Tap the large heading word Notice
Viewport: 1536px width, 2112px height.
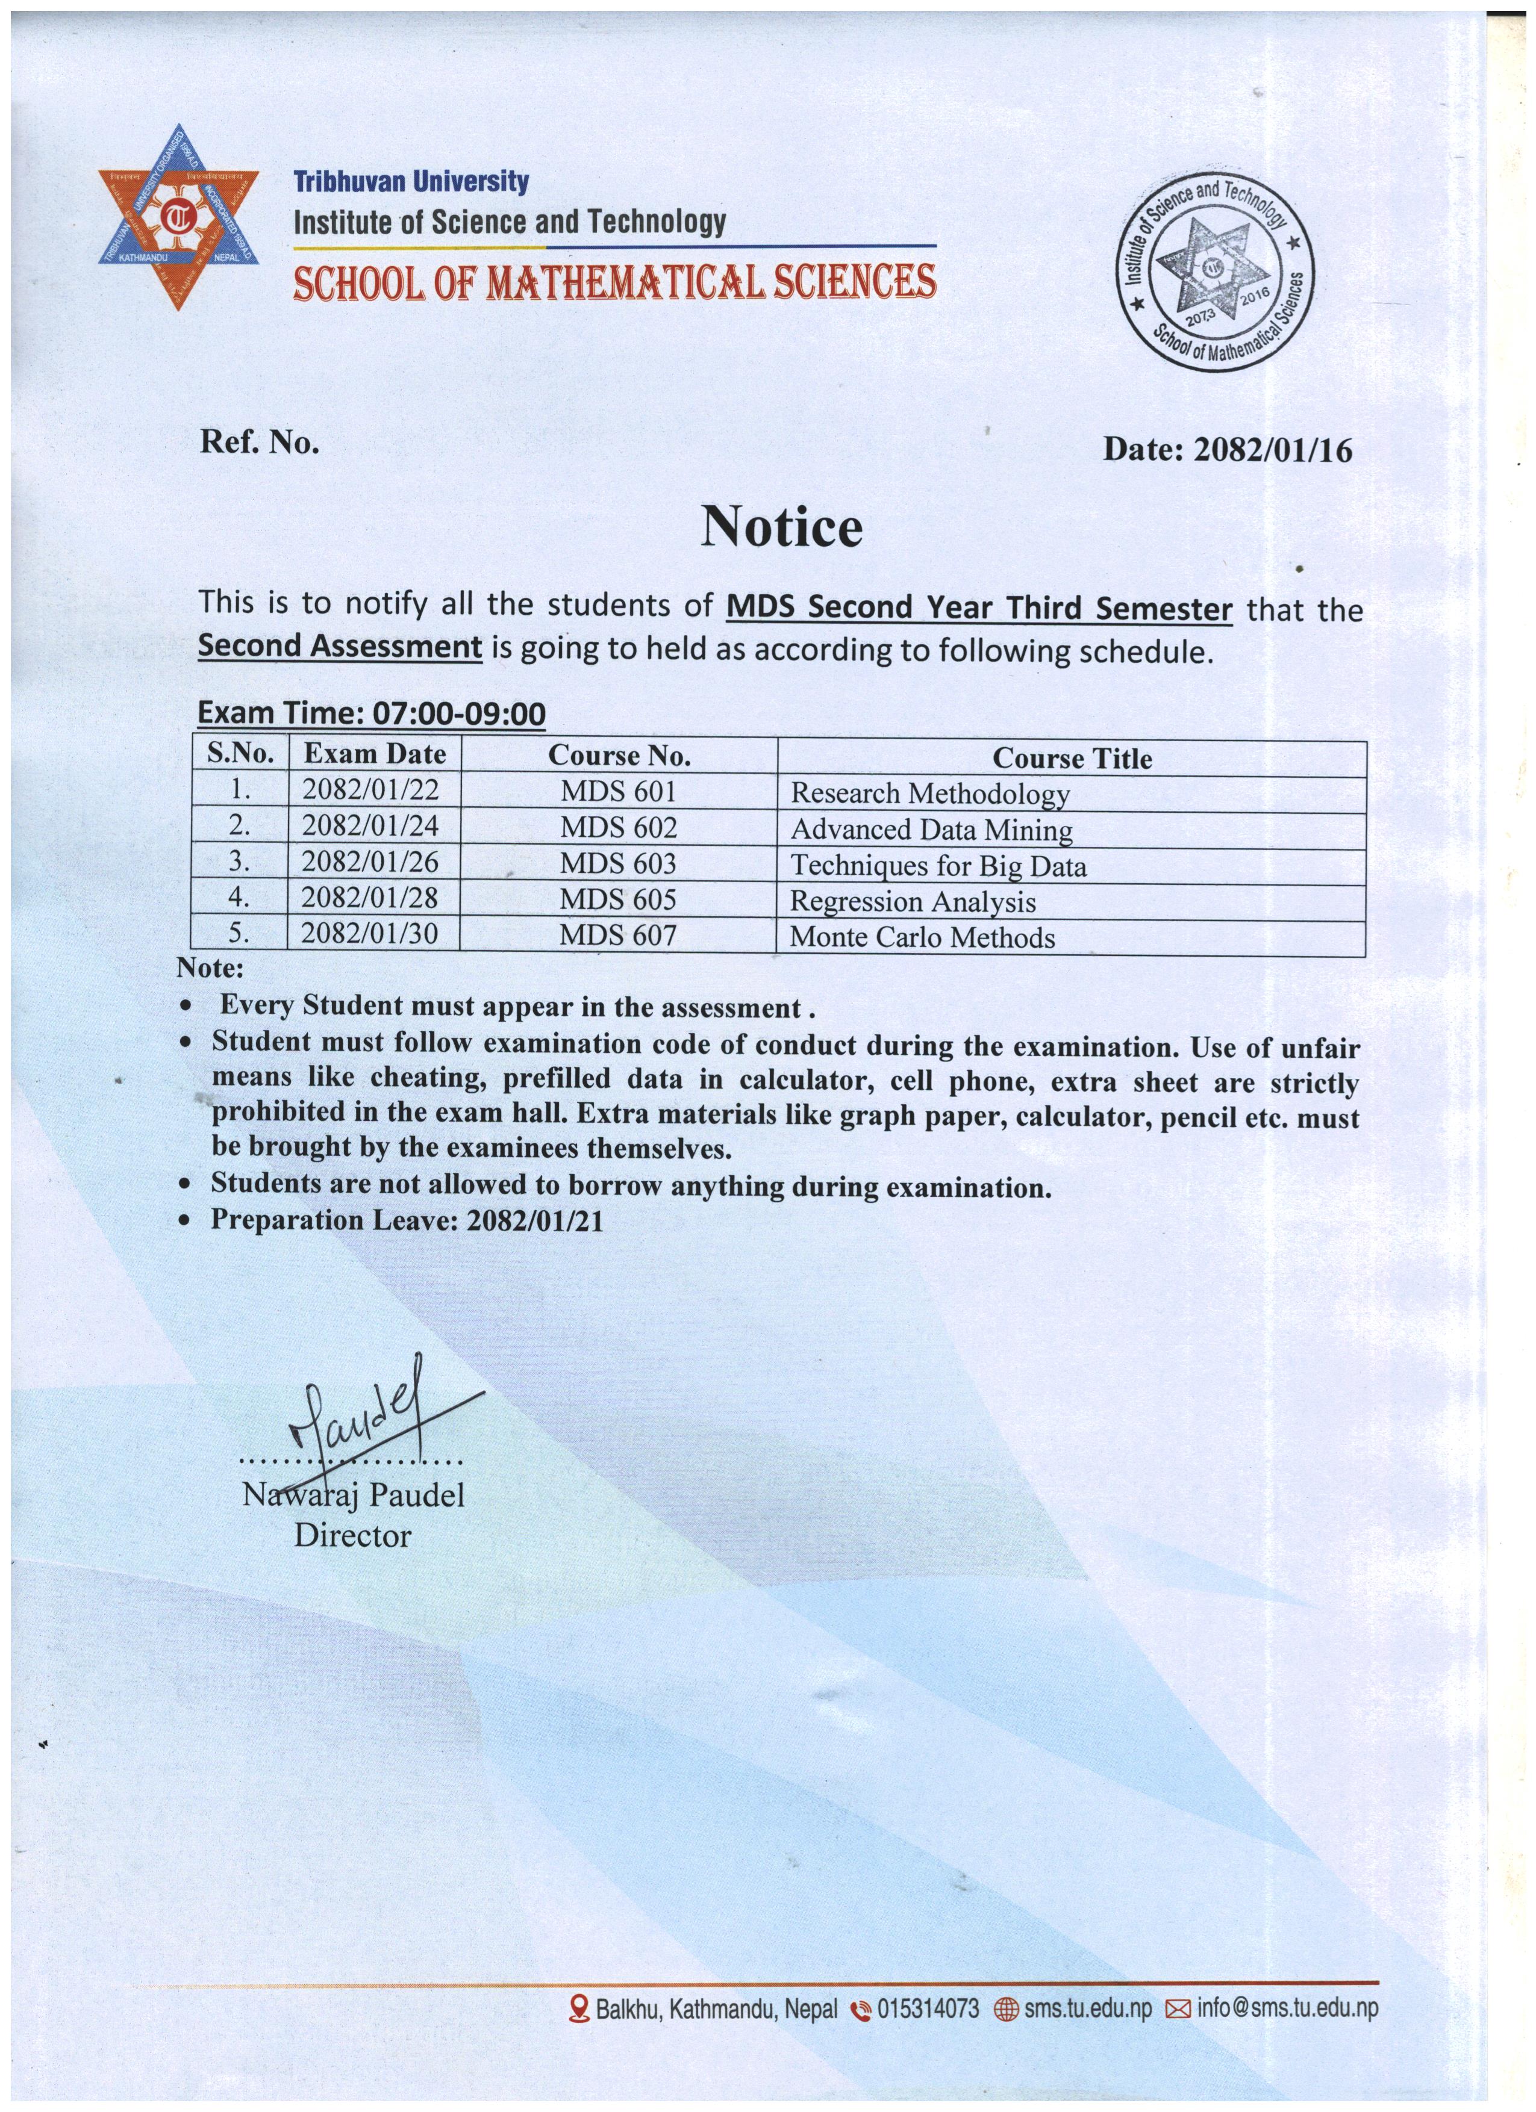[781, 527]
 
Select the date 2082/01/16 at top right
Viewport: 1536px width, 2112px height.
[1272, 451]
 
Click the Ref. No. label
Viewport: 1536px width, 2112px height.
[259, 441]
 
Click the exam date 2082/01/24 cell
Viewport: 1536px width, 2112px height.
[370, 826]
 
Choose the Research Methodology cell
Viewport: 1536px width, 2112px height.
[929, 794]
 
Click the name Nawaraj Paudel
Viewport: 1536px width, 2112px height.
[353, 1495]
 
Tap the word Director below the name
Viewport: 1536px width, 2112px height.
[352, 1536]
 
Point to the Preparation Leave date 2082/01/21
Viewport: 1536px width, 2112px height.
[535, 1220]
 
